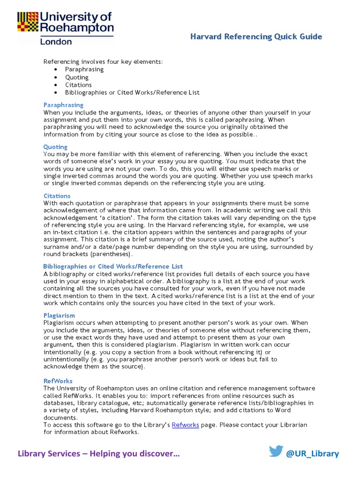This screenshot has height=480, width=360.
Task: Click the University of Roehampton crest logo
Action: [x=28, y=22]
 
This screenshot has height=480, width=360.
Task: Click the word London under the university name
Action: [x=56, y=41]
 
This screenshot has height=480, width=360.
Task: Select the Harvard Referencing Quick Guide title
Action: [x=256, y=37]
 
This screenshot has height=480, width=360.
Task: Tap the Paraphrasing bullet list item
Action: [x=84, y=69]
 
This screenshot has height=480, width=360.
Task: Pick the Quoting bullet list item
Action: [x=77, y=77]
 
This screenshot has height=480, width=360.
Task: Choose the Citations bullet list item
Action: [x=78, y=85]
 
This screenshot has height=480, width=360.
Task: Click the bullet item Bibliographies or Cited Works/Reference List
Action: [x=132, y=93]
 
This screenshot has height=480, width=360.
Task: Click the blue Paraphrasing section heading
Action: [x=63, y=105]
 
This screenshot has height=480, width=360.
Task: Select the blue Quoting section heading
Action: [x=55, y=147]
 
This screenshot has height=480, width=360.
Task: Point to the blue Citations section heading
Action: [x=57, y=196]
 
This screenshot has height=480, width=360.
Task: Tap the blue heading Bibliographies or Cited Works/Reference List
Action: [x=113, y=266]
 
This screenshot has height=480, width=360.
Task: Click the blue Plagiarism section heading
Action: [x=59, y=315]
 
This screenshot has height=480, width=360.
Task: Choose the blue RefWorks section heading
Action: [x=58, y=381]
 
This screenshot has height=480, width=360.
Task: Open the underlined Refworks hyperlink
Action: [x=186, y=425]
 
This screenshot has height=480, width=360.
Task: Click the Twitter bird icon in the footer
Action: [x=276, y=452]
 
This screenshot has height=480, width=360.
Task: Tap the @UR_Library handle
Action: [x=312, y=453]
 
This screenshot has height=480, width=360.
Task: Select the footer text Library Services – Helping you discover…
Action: [x=98, y=453]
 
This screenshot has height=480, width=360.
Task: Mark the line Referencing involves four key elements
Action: [x=103, y=61]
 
